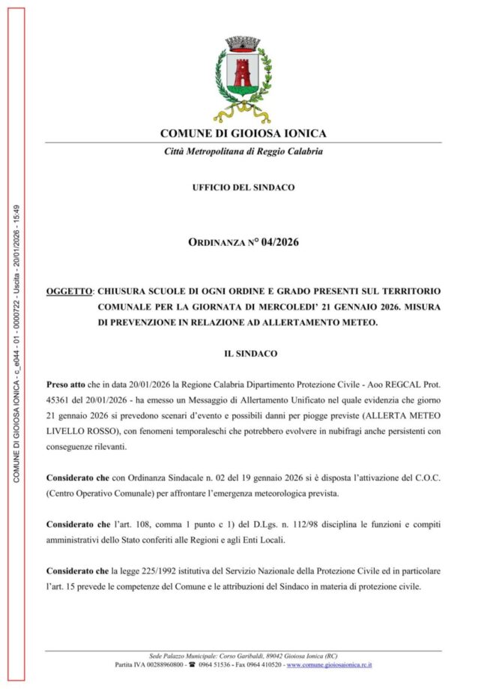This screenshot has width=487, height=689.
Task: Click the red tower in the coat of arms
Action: [x=243, y=73]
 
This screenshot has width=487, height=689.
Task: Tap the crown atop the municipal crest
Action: [x=243, y=43]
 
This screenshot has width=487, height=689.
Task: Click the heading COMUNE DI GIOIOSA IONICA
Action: [x=243, y=133]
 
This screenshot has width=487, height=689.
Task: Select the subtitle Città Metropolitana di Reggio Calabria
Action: [x=243, y=151]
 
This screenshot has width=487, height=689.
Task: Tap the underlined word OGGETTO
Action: [x=70, y=289]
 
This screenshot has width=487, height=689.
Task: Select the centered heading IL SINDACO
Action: [x=243, y=351]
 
